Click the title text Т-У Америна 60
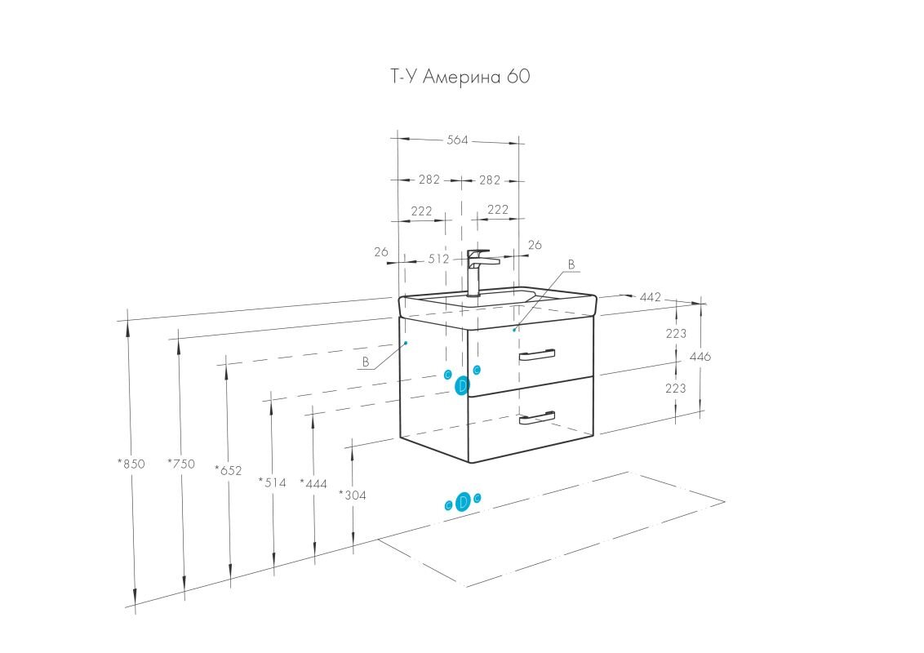pyautogui.click(x=460, y=78)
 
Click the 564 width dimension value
pyautogui.click(x=457, y=140)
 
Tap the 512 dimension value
pyautogui.click(x=439, y=259)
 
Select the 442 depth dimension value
pyautogui.click(x=650, y=297)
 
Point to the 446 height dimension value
pyautogui.click(x=700, y=357)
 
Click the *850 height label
pyautogui.click(x=131, y=464)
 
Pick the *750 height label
pyautogui.click(x=181, y=464)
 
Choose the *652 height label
pyautogui.click(x=229, y=470)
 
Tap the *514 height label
pyautogui.click(x=273, y=482)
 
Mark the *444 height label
pyautogui.click(x=313, y=484)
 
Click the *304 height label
pyautogui.click(x=352, y=495)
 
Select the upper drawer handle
pyautogui.click(x=536, y=354)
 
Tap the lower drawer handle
pyautogui.click(x=536, y=418)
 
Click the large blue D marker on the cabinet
pyautogui.click(x=462, y=385)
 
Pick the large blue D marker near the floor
pyautogui.click(x=463, y=502)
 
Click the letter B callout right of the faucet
pyautogui.click(x=571, y=264)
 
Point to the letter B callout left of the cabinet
pyautogui.click(x=366, y=362)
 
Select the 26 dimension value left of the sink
pyautogui.click(x=381, y=252)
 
